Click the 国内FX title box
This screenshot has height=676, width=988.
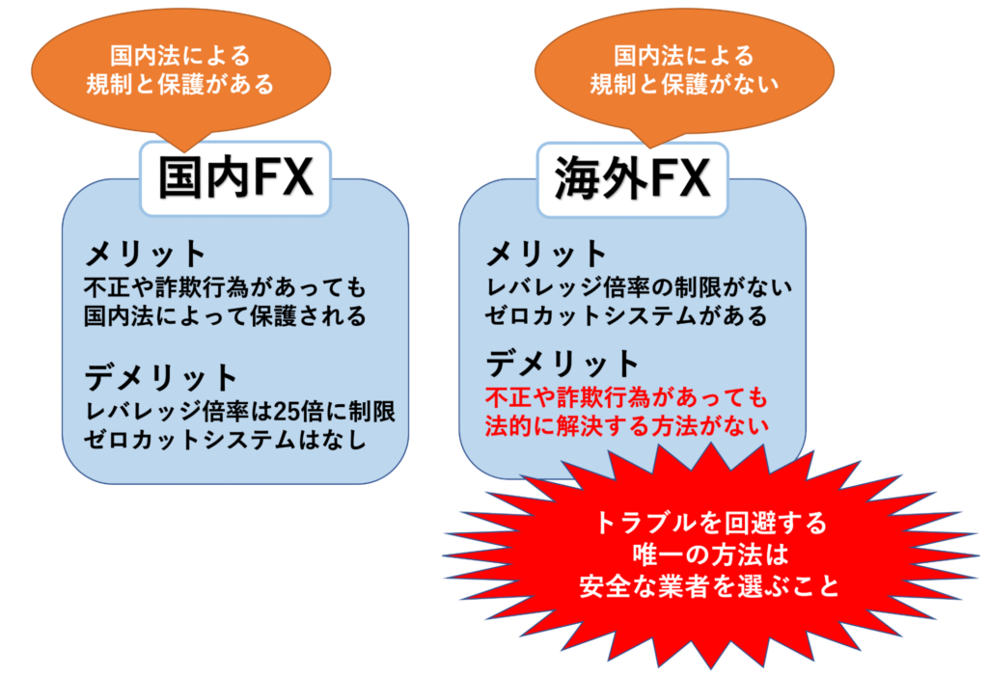235,179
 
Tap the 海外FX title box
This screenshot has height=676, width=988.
633,180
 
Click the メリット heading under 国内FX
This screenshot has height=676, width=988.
146,255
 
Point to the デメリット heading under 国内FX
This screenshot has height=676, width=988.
161,377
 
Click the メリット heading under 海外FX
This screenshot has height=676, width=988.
546,254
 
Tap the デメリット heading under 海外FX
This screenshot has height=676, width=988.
563,364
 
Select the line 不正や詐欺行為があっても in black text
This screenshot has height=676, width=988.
225,288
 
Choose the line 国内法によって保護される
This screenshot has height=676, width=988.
225,315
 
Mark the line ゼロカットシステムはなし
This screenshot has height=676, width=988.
225,439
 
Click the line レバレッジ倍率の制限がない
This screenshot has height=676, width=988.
639,287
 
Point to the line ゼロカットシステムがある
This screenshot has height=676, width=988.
626,315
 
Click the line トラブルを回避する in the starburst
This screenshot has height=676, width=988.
710,523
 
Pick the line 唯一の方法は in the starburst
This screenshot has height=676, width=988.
711,554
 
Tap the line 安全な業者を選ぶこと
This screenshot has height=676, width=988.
710,586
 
